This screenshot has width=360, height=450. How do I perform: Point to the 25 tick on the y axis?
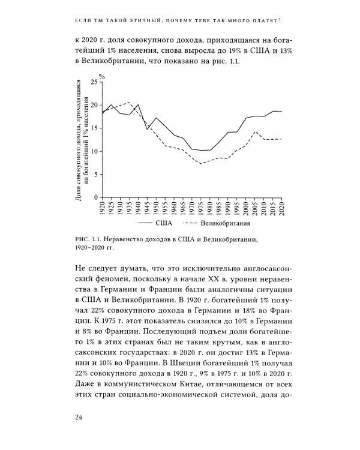[x=93, y=82]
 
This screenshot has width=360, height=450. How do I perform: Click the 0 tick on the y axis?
[x=95, y=197]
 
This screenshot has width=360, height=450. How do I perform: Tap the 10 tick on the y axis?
[x=93, y=151]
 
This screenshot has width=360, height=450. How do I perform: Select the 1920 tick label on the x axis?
[x=102, y=210]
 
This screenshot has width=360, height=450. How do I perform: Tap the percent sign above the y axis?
[x=103, y=76]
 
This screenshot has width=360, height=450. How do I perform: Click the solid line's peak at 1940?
[x=138, y=104]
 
